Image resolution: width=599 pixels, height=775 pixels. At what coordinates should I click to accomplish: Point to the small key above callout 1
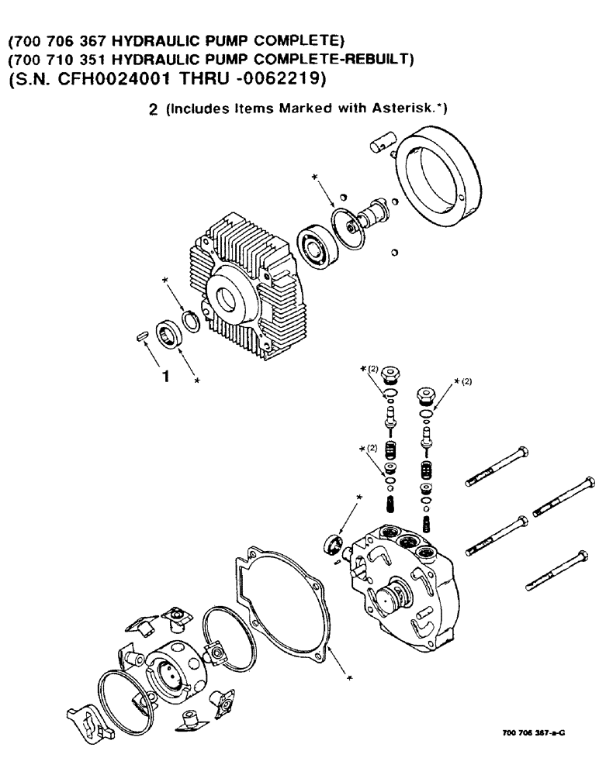[141, 337]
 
